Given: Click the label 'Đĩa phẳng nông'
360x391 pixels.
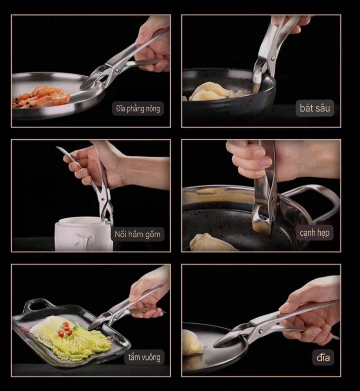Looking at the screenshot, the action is (138, 108).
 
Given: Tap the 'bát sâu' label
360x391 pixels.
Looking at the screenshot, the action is (315, 108).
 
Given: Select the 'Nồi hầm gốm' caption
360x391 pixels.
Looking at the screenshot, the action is (137, 234).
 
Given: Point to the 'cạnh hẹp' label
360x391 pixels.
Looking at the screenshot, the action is (315, 233).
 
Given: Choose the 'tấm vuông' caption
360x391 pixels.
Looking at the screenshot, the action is (144, 357).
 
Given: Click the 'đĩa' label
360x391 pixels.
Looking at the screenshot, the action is (323, 358).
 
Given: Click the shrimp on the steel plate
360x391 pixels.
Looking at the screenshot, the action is (41, 96).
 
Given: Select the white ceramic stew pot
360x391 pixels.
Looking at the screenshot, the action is (84, 234).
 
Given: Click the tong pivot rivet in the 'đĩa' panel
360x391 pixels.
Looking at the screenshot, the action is (260, 331).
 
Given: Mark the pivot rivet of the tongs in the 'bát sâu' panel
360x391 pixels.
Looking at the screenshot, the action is (273, 59).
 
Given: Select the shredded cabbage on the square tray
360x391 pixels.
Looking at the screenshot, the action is (71, 335).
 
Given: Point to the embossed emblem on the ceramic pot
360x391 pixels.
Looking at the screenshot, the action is (84, 240).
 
